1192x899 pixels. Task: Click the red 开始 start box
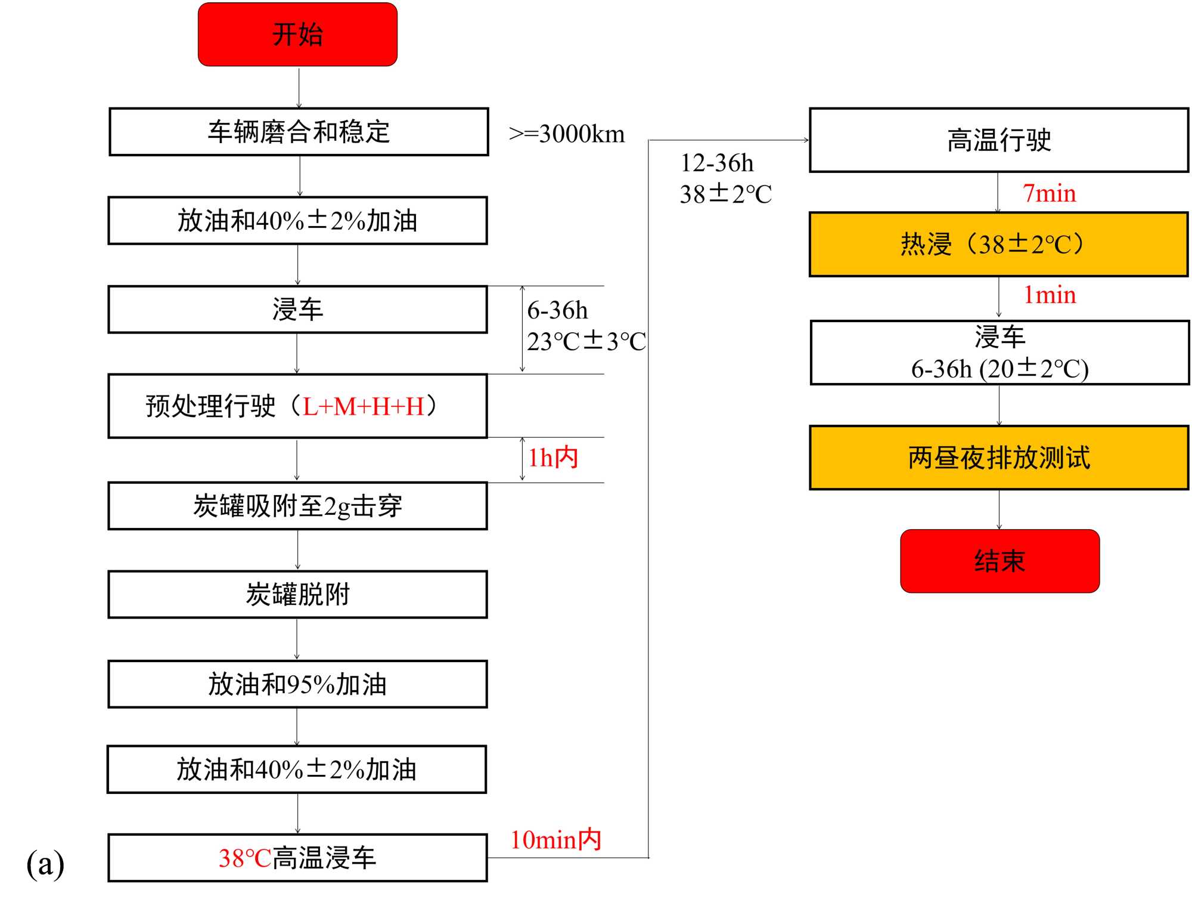coord(297,34)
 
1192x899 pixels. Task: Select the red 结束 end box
coord(999,561)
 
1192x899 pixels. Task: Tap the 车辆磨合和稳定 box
coord(299,132)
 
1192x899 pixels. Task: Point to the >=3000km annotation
coord(567,134)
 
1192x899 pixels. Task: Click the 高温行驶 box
coord(999,140)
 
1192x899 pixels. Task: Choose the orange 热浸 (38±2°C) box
coord(999,245)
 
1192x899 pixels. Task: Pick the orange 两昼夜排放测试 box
coord(999,458)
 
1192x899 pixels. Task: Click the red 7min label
coord(1049,193)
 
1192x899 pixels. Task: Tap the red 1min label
coord(1049,295)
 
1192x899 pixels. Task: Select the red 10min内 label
coord(555,839)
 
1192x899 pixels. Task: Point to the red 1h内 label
coord(553,458)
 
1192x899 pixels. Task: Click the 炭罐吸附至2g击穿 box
coord(297,506)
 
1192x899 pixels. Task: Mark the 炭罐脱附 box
coord(297,595)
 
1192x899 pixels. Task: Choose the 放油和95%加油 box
coord(297,684)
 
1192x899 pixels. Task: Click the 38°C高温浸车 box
coord(297,858)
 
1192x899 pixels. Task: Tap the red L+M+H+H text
coord(364,407)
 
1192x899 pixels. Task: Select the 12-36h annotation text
coord(717,163)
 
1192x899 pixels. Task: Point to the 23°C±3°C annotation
coord(586,342)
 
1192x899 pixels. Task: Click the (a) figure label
coord(45,864)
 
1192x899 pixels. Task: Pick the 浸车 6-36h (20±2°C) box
coord(999,353)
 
